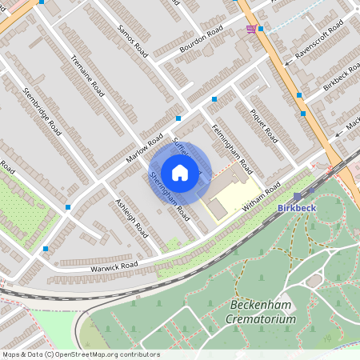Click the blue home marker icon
(180, 172)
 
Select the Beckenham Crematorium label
(262, 312)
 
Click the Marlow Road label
(144, 147)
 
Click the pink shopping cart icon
(253, 29)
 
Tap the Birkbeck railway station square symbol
(298, 195)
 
